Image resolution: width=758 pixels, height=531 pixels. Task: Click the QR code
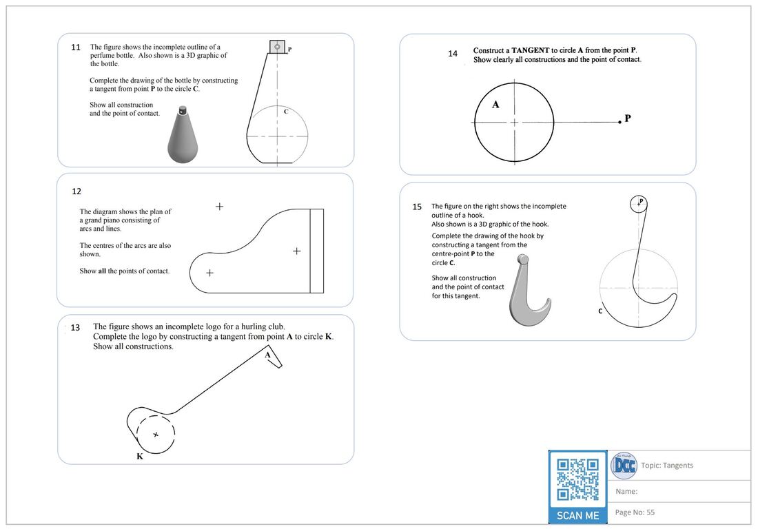click(x=577, y=479)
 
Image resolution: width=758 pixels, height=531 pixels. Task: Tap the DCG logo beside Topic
click(x=624, y=465)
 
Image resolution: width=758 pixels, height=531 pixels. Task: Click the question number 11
click(x=76, y=48)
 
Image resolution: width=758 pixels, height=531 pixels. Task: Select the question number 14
click(x=453, y=53)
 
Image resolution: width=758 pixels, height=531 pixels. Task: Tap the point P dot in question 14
click(x=619, y=122)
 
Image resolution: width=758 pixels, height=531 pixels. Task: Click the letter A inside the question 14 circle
click(x=495, y=105)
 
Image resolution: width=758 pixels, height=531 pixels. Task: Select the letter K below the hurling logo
click(x=140, y=456)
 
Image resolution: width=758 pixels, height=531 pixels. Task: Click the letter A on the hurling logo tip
click(x=268, y=355)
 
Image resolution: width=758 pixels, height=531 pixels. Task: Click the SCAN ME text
click(x=577, y=515)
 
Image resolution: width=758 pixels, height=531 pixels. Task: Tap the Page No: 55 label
click(x=635, y=512)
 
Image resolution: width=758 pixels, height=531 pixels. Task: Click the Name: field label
click(x=626, y=491)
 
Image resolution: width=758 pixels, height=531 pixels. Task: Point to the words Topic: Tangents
click(x=667, y=466)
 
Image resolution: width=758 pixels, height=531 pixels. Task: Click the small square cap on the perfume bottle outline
click(x=277, y=47)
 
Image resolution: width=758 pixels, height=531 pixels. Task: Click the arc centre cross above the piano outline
click(x=219, y=206)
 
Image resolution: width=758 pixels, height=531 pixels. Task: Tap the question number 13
click(x=76, y=328)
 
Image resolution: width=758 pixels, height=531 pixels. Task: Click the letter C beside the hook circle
click(x=600, y=311)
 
